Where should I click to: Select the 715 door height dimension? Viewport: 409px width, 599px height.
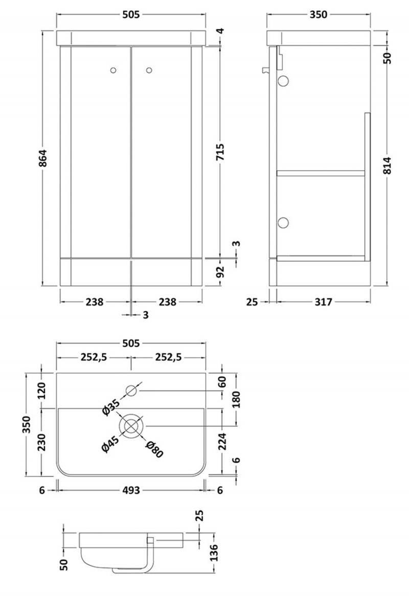click(221, 151)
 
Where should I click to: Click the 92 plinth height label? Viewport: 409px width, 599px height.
click(221, 271)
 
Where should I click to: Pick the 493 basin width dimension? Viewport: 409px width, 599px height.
click(131, 490)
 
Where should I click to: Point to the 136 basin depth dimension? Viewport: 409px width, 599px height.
click(215, 552)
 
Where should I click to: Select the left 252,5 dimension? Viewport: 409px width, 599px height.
click(92, 357)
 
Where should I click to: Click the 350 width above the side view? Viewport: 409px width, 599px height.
click(318, 15)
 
